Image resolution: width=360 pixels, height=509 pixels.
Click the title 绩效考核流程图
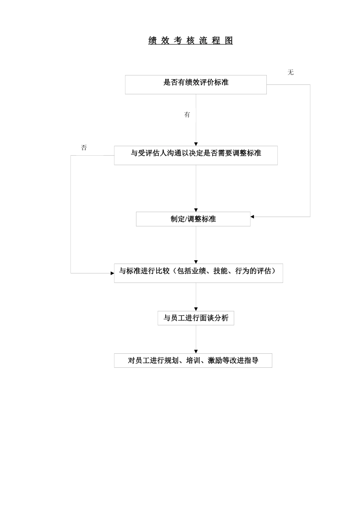tap(190, 41)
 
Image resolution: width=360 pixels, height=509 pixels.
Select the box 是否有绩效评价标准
tap(196, 84)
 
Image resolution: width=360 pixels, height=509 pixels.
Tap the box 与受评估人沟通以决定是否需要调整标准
tap(196, 155)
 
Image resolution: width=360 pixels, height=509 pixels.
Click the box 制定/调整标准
tap(193, 219)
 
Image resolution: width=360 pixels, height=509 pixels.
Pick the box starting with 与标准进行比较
tap(198, 273)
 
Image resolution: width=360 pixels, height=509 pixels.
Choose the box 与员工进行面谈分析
tap(196, 318)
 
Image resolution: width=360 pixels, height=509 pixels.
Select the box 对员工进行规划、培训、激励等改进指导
tap(193, 361)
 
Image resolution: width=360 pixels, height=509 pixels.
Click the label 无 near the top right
tap(290, 72)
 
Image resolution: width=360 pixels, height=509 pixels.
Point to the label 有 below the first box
tap(187, 115)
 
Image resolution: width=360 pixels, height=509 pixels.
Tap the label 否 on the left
tap(84, 148)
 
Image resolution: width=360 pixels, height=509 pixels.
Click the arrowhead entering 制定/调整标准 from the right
tap(252, 217)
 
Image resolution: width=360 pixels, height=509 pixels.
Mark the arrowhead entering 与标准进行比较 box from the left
tap(112, 273)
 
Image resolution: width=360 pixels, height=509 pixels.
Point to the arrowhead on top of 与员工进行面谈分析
tap(196, 309)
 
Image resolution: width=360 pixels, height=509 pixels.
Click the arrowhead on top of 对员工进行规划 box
tap(196, 352)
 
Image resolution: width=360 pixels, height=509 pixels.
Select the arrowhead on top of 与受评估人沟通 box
tap(196, 144)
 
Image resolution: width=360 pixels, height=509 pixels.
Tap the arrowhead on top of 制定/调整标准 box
tap(196, 210)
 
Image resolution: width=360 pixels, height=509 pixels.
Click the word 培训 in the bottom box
tap(193, 361)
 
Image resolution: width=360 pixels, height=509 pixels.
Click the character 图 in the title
tap(229, 41)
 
